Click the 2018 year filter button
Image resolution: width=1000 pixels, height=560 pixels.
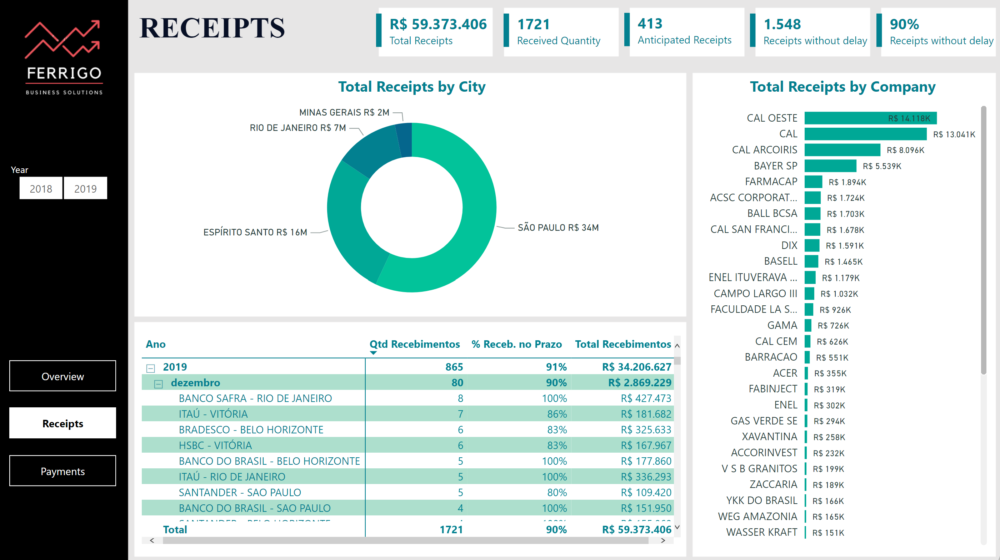click(x=41, y=188)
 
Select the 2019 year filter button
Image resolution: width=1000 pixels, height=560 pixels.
click(x=85, y=188)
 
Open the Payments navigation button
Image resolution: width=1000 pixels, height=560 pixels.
click(x=62, y=471)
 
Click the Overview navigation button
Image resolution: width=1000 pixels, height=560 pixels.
click(x=62, y=376)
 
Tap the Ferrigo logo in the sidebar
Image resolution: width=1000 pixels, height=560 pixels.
click(x=63, y=56)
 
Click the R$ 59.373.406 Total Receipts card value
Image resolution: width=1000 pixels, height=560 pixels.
click(x=438, y=24)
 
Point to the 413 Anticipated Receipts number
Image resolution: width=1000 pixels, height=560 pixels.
click(x=650, y=24)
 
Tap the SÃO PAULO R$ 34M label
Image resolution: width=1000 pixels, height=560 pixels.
click(x=558, y=228)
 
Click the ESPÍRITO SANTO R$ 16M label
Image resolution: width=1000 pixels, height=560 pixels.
click(x=255, y=232)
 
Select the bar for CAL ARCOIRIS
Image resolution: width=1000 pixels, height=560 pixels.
click(x=842, y=150)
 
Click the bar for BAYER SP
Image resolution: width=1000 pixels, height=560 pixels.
click(x=830, y=166)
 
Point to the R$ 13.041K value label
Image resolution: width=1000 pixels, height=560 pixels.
click(x=954, y=134)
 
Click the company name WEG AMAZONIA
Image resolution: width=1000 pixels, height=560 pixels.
click(x=757, y=516)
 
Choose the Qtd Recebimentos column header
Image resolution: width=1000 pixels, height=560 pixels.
click(x=414, y=344)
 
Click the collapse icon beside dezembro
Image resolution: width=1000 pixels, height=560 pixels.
click(x=158, y=383)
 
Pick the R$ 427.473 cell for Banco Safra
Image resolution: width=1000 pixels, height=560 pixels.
click(x=646, y=398)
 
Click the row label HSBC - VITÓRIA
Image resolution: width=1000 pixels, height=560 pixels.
click(x=215, y=445)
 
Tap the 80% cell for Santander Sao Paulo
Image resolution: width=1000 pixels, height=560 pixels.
click(x=557, y=492)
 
